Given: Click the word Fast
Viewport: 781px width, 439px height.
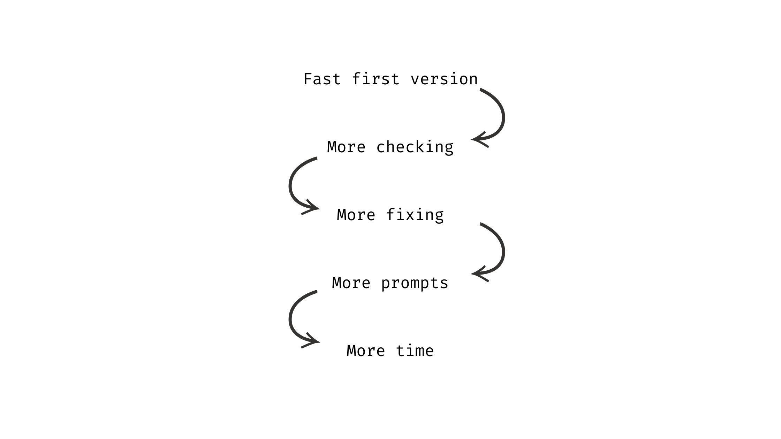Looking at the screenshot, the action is [x=322, y=79].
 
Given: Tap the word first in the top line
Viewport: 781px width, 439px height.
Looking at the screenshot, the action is [x=376, y=79].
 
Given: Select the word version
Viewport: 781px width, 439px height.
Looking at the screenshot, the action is [x=444, y=79].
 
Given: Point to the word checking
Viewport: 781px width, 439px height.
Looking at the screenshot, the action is [x=415, y=147].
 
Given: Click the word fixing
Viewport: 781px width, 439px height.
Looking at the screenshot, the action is [x=415, y=215].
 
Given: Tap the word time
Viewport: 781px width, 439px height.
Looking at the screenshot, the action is [x=415, y=351].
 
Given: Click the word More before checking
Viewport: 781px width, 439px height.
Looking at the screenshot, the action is [x=346, y=147].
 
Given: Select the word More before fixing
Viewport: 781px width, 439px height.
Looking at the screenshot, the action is [x=356, y=215].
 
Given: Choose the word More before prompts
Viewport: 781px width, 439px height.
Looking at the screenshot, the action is [x=351, y=283].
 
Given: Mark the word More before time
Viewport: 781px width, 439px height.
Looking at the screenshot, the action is [x=366, y=351].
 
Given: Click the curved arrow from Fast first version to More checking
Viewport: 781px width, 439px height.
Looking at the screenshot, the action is [x=504, y=115].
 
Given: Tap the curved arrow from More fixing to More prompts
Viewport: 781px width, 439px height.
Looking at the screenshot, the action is [x=504, y=249].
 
